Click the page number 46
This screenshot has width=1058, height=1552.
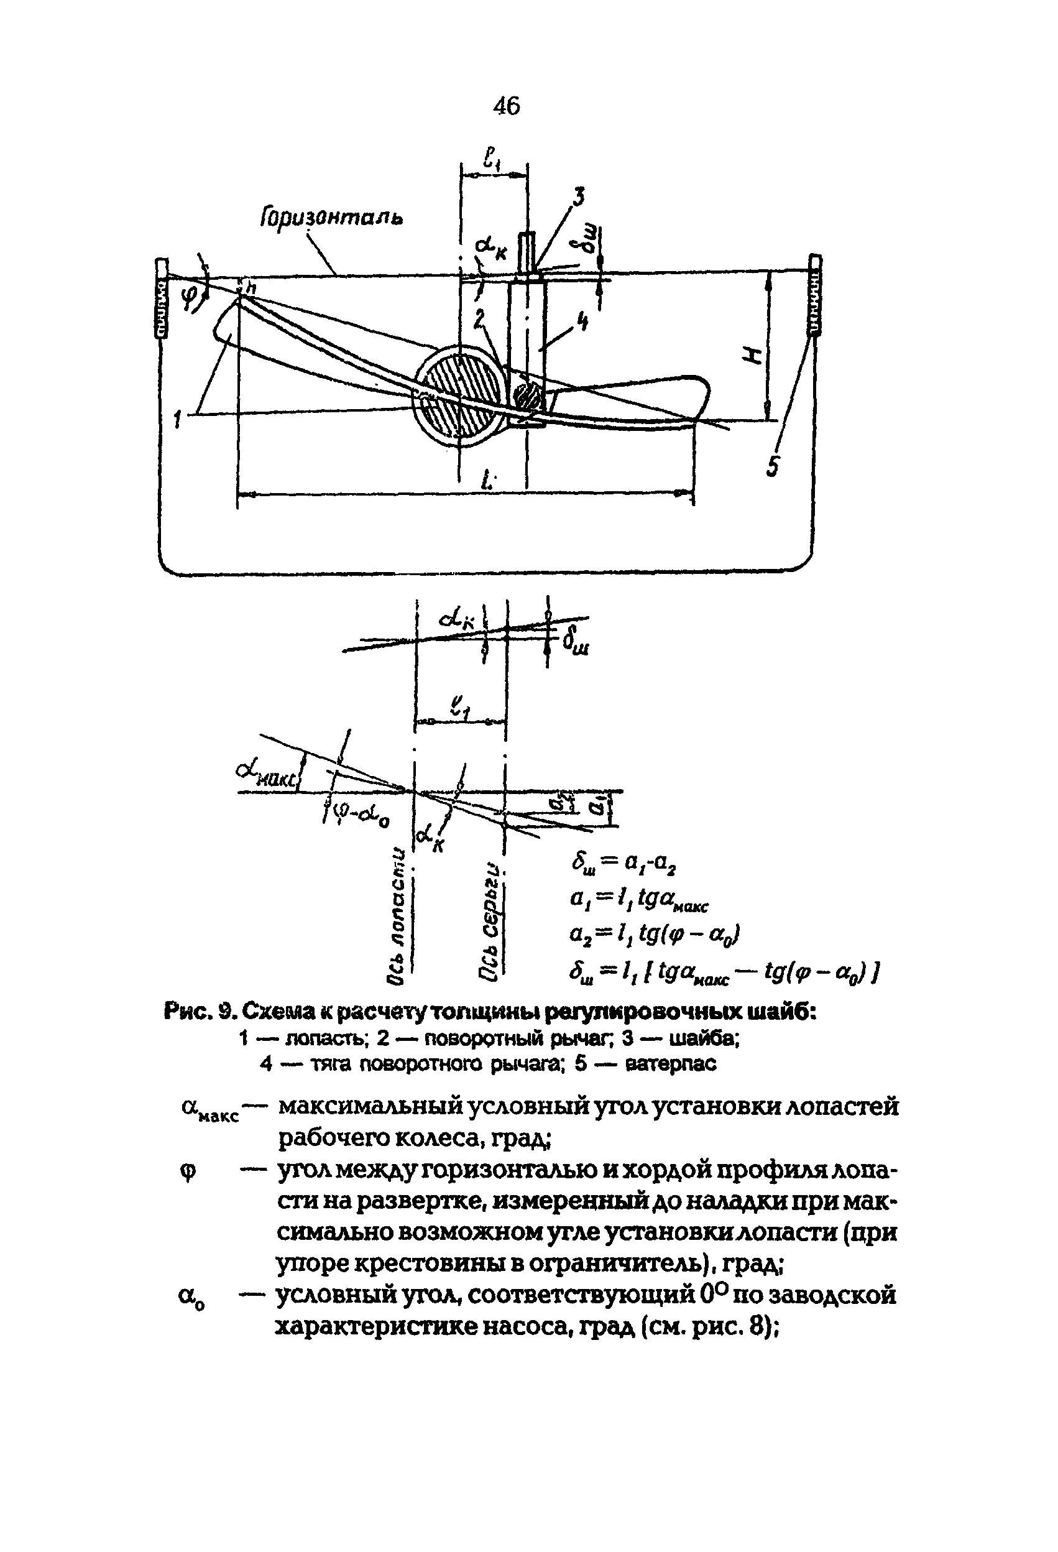pos(506,106)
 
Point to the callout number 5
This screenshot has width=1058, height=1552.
pos(772,466)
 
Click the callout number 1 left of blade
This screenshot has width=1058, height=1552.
pos(178,420)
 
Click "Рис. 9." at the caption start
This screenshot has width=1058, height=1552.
pos(200,1012)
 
